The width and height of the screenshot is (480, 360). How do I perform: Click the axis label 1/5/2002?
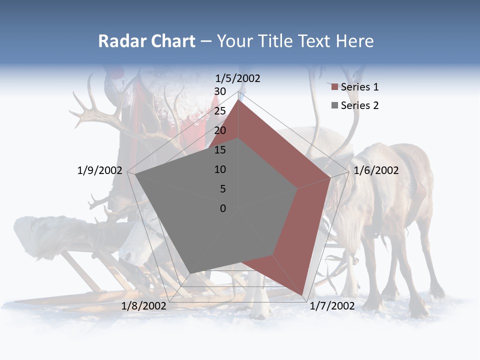click(238, 78)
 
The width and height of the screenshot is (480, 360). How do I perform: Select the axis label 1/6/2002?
click(376, 170)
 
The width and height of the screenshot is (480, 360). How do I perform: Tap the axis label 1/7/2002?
click(332, 306)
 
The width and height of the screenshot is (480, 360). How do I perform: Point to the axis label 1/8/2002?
click(144, 306)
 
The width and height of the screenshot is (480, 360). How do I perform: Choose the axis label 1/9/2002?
click(100, 170)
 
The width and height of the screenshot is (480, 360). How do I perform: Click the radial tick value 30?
click(220, 91)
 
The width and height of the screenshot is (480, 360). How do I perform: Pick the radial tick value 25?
click(220, 111)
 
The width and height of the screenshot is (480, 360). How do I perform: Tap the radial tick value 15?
click(220, 150)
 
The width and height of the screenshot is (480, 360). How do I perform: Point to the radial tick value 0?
click(223, 208)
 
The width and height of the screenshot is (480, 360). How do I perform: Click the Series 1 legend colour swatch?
click(335, 87)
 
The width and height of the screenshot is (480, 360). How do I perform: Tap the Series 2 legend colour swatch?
click(335, 105)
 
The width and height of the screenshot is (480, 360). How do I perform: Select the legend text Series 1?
click(359, 87)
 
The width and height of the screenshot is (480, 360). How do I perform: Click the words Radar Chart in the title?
click(146, 41)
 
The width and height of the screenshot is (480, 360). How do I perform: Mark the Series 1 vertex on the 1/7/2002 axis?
click(302, 295)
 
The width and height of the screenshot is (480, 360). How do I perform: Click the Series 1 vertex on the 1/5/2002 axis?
click(238, 100)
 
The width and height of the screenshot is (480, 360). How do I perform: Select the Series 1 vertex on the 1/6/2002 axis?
click(330, 177)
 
